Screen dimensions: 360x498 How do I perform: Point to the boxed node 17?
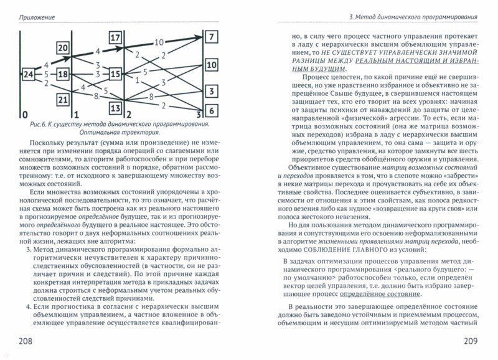coord(115,39)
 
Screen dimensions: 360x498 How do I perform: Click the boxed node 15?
coord(115,75)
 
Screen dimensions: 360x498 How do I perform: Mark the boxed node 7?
coord(212,37)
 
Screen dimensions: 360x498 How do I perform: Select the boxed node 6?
coord(212,111)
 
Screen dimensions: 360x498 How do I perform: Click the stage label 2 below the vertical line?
coord(128,115)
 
